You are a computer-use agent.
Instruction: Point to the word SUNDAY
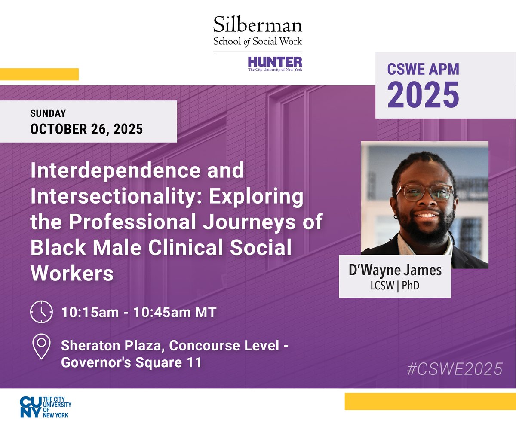[x=48, y=114]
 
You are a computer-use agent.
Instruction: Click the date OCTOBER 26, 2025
[x=86, y=128]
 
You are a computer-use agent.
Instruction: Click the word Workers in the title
[x=72, y=273]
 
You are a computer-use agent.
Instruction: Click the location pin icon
[x=41, y=347]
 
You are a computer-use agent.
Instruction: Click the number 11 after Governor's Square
[x=193, y=362]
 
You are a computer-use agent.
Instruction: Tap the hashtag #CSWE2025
[x=455, y=369]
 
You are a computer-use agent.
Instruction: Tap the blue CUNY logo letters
[x=31, y=407]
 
